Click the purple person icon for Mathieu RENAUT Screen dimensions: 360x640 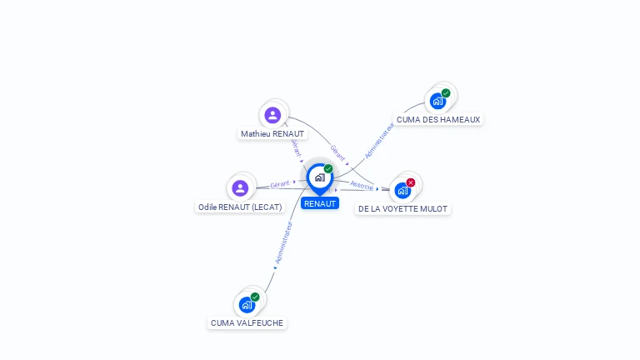click(272, 115)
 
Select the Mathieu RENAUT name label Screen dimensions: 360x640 click(272, 133)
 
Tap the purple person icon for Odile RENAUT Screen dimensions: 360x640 click(241, 188)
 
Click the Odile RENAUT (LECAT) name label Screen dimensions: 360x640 click(240, 207)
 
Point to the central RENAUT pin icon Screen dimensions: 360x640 click(319, 177)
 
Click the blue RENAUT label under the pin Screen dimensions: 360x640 click(320, 203)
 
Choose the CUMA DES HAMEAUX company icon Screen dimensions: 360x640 click(437, 102)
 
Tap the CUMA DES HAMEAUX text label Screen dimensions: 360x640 click(438, 119)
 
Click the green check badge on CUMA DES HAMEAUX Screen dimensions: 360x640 click(446, 93)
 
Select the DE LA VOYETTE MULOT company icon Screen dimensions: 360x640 click(402, 190)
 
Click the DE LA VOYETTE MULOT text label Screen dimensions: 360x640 click(402, 208)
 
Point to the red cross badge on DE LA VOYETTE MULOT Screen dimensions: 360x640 click(411, 182)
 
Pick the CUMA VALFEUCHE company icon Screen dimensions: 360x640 click(247, 305)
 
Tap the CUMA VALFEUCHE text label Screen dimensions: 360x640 click(247, 322)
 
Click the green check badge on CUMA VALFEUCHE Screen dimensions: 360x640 click(255, 297)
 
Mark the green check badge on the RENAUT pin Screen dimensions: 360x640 click(328, 169)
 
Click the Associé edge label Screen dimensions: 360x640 click(362, 186)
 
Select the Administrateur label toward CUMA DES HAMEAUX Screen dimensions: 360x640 click(379, 140)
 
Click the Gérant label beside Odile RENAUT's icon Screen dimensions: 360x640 click(280, 183)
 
